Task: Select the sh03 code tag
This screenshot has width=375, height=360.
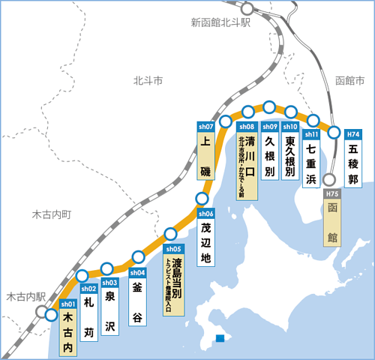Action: click(x=110, y=282)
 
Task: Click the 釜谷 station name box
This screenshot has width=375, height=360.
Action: click(x=137, y=304)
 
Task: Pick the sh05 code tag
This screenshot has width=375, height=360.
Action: click(x=173, y=248)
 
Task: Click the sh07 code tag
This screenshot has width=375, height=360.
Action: click(x=205, y=126)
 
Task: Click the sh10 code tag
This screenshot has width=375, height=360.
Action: click(x=291, y=126)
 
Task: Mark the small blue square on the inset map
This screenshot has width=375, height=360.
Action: click(x=219, y=337)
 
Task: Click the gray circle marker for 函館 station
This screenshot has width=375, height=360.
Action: click(x=329, y=180)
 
